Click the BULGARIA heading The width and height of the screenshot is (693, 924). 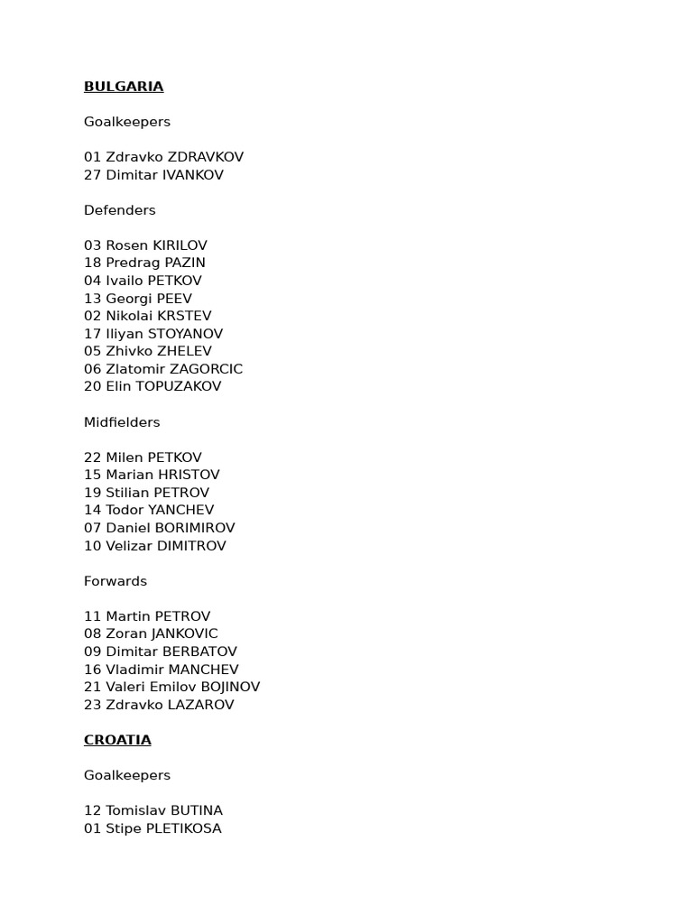(124, 87)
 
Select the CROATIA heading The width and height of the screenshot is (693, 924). (117, 740)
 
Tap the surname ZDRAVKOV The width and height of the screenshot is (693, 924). (206, 157)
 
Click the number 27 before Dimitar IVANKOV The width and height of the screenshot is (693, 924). (92, 175)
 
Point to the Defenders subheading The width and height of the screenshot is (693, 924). (120, 210)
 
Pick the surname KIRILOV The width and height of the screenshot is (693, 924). (180, 245)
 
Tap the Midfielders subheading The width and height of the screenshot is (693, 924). (122, 422)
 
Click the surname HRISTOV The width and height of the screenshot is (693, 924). (189, 475)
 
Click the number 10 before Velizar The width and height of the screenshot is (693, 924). (92, 546)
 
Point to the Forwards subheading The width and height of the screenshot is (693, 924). (115, 581)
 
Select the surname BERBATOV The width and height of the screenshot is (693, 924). (199, 651)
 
